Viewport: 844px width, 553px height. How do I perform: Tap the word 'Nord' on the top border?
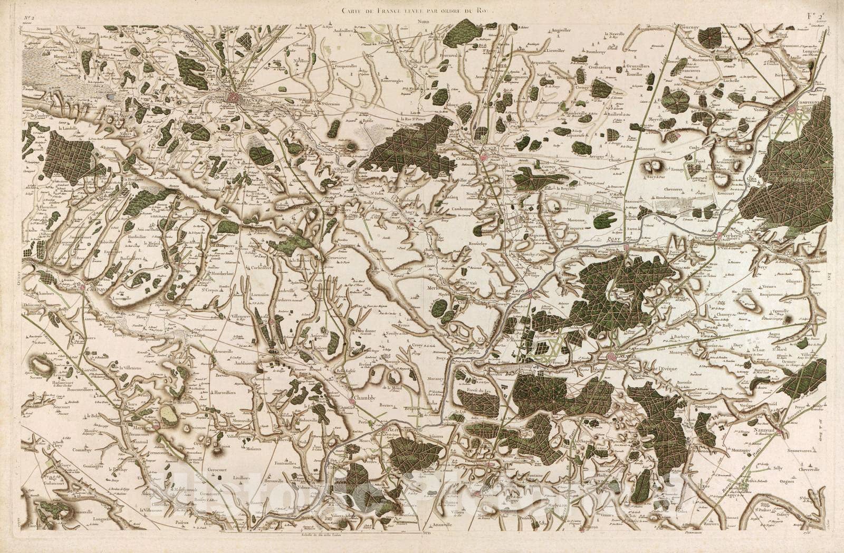coord(423,23)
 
